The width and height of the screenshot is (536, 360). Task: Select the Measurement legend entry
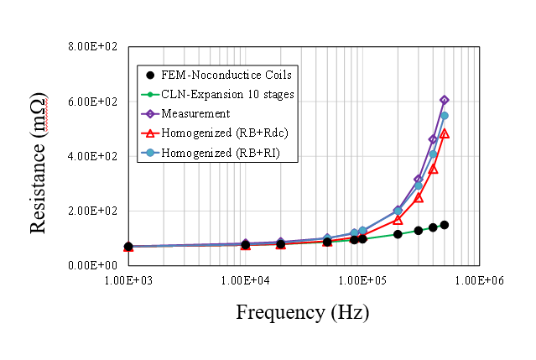point(201,113)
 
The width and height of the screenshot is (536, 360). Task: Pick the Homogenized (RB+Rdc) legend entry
point(221,133)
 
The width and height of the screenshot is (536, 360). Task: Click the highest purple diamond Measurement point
point(445,100)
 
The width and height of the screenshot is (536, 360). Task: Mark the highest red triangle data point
point(445,133)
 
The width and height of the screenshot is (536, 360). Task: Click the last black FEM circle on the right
point(445,225)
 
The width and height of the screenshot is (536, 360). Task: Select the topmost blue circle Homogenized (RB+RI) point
point(445,116)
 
